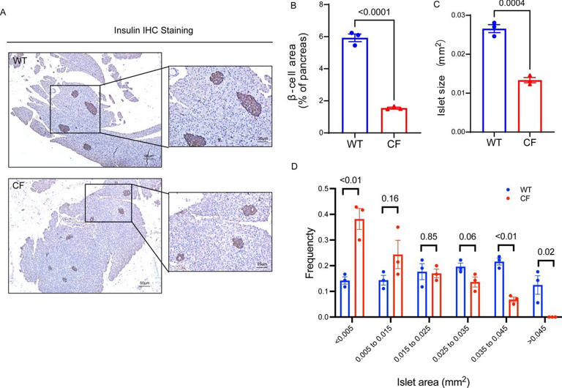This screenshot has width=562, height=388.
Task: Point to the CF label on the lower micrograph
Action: pos(19,187)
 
